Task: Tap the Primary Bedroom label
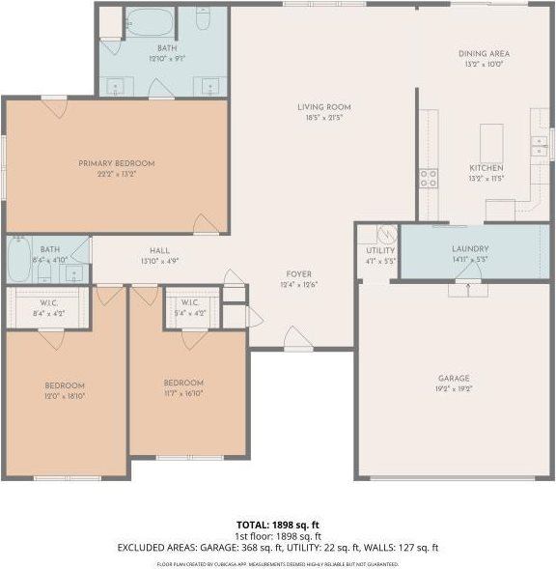coord(116,163)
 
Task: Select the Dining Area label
coord(484,53)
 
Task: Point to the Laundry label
coord(470,248)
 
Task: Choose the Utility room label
coord(379,250)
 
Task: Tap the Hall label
coord(159,250)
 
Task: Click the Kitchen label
coord(486,168)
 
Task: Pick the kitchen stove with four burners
coord(428,178)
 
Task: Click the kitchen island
coord(492,142)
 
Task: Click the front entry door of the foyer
coord(297,340)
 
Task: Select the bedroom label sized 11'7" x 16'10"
coord(182,383)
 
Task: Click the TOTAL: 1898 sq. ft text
coord(278,525)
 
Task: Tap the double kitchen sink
coord(539,146)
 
